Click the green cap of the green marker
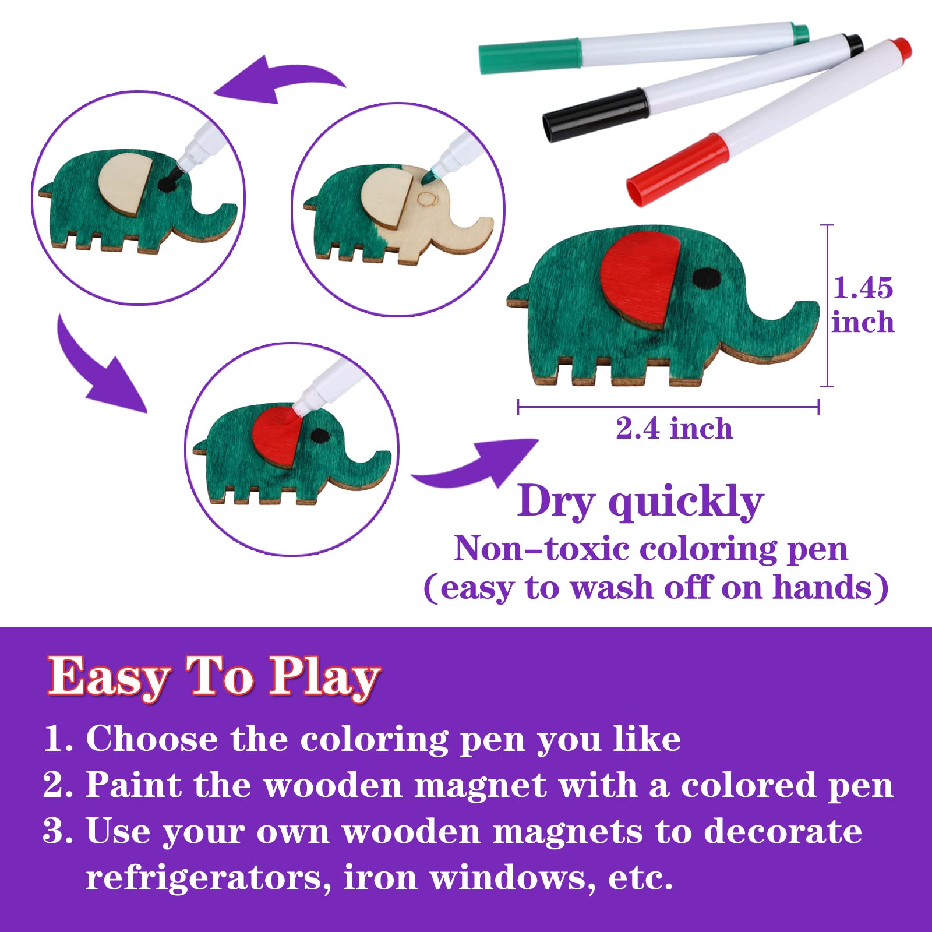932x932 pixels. coord(529,56)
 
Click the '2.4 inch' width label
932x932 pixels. coord(674,429)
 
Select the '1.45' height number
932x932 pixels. coord(863,288)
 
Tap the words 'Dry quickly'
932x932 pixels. coord(640,502)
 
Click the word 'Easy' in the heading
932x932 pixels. coord(109,677)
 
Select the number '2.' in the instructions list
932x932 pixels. coord(58,785)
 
